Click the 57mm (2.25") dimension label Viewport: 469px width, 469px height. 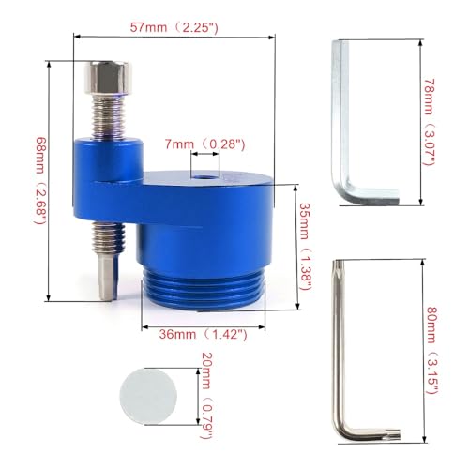[x=174, y=27]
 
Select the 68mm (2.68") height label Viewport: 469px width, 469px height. [x=41, y=180]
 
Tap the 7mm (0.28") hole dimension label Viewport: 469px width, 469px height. [x=204, y=144]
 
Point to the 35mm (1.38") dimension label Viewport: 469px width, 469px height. [x=306, y=247]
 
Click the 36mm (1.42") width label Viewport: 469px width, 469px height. [x=203, y=335]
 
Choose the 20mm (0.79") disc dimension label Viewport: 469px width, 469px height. [x=206, y=396]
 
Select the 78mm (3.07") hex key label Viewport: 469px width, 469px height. [x=429, y=122]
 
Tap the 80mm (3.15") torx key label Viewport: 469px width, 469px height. [x=433, y=350]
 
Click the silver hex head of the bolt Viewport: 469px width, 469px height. [x=108, y=77]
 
